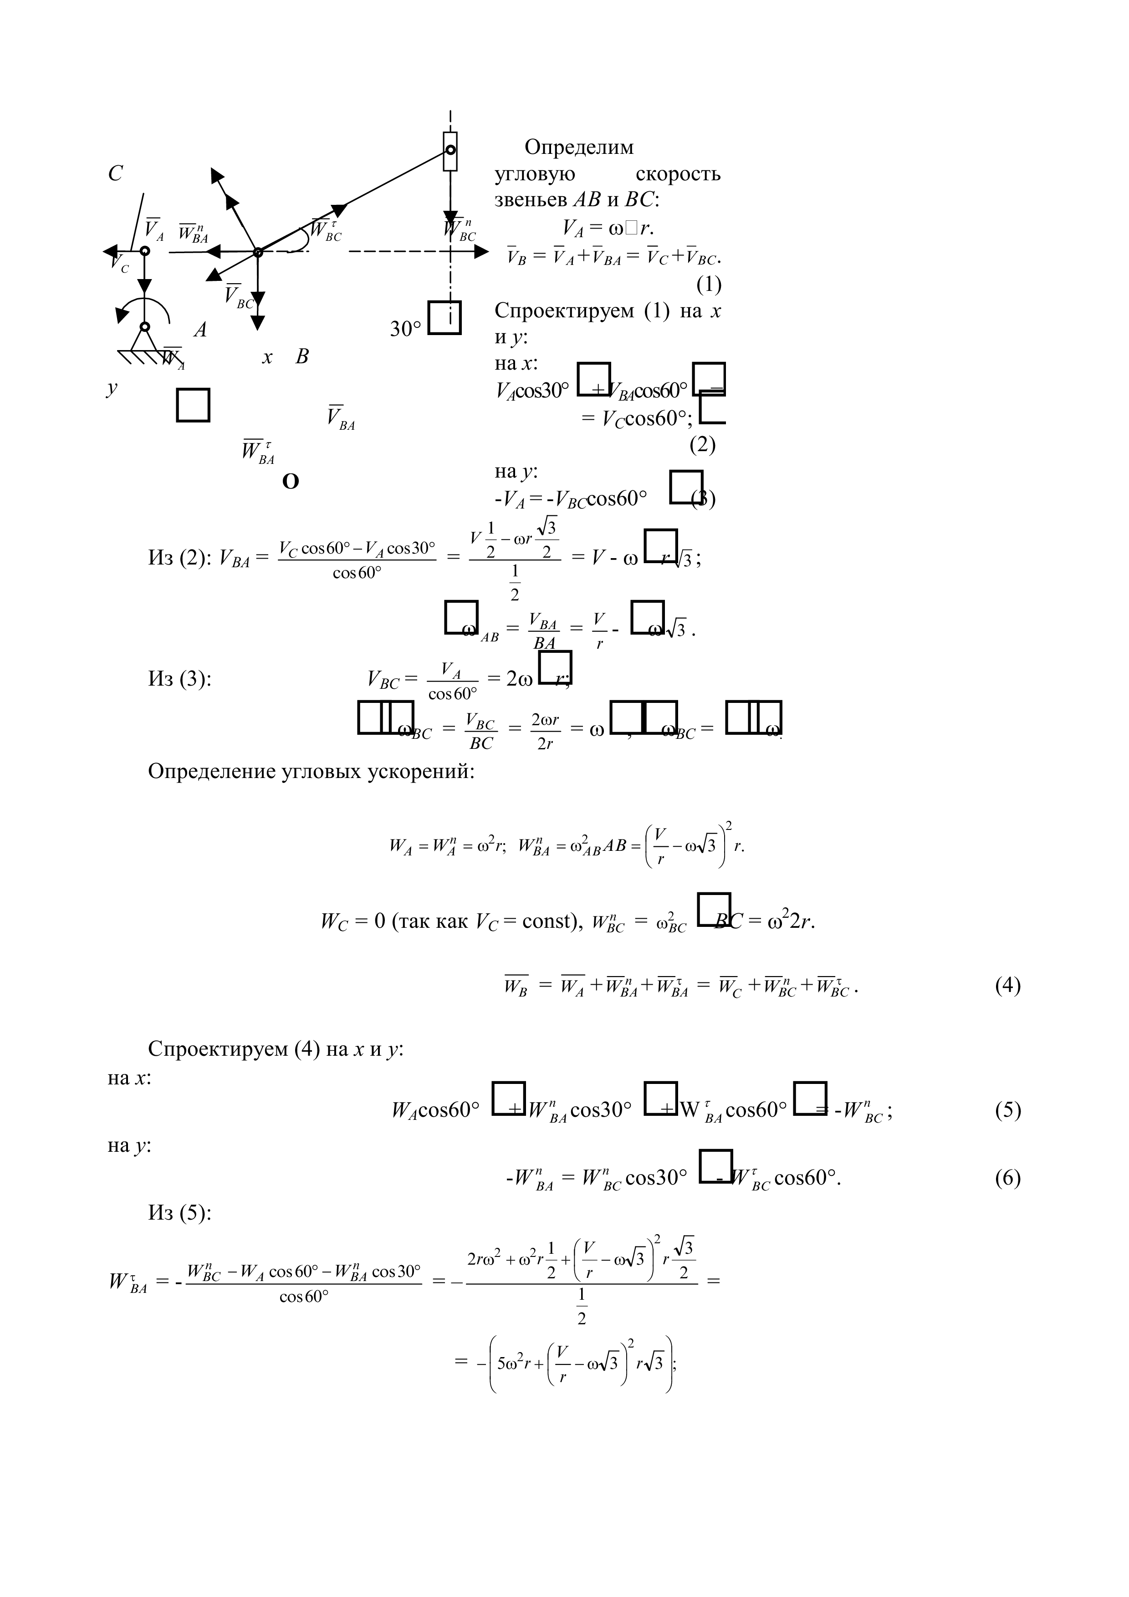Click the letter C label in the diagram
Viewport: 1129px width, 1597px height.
[x=116, y=173]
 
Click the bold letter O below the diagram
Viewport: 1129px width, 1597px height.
[x=291, y=481]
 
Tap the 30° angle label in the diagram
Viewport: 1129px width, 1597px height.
[x=405, y=329]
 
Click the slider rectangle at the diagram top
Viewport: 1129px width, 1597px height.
[x=451, y=151]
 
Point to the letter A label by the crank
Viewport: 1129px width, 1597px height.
[x=200, y=329]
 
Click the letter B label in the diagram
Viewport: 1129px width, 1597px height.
[x=302, y=357]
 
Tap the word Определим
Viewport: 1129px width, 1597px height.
[x=579, y=147]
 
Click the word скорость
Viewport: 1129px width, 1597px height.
[x=678, y=174]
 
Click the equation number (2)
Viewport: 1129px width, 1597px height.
[x=703, y=444]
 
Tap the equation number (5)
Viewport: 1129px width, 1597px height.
[x=1007, y=1109]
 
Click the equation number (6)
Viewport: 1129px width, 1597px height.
[x=1007, y=1178]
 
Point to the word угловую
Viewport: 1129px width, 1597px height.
[x=535, y=174]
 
